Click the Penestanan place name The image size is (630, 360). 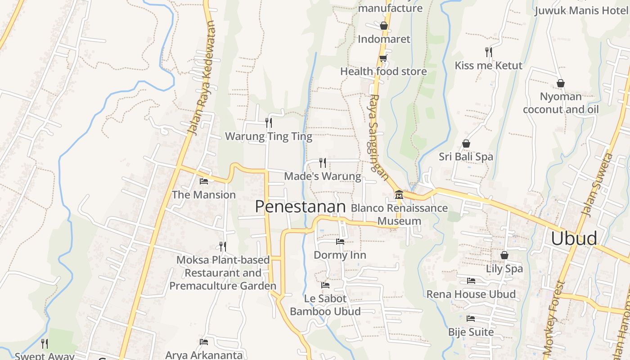pos(300,207)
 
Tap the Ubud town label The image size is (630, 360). pos(574,238)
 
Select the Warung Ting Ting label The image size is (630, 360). pos(268,136)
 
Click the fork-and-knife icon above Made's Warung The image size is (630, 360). pos(323,162)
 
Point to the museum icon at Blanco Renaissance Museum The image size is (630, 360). pos(399,194)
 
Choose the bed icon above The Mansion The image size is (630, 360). pos(204,181)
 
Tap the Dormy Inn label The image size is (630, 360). pos(340,255)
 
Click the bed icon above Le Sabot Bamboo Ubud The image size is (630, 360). pos(325,285)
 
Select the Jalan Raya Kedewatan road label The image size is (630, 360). pos(202,79)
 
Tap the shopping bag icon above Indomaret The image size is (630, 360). pos(384,26)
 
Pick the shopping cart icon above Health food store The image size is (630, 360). pos(383,58)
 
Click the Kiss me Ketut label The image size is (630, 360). pos(488,66)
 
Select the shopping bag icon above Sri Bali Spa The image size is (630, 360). pos(466,144)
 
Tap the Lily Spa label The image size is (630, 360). pos(504,269)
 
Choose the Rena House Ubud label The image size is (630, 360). pos(471,294)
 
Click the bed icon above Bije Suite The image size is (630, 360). pos(471,319)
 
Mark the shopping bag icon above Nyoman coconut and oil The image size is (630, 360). pos(561,83)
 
